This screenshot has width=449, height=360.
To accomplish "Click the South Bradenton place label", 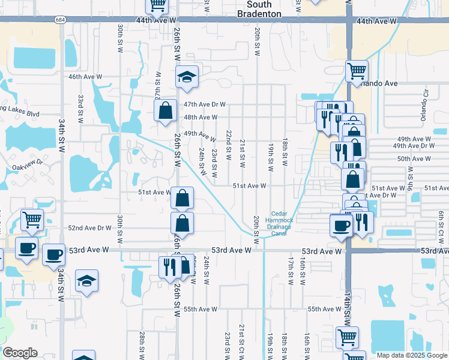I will click(259, 8).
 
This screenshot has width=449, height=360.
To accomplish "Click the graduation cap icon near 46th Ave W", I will click(187, 77).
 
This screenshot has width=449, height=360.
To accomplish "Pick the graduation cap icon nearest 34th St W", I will click(87, 280).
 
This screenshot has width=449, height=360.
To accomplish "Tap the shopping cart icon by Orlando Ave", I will click(357, 71).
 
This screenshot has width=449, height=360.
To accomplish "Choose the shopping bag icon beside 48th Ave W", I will click(165, 110).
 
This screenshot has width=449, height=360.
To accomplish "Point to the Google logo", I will click(19, 353).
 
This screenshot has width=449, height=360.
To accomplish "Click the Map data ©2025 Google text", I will click(411, 355).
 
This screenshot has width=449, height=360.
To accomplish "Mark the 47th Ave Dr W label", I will click(188, 104).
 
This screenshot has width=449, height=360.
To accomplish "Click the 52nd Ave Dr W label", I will click(89, 228).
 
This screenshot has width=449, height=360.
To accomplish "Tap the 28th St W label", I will click(142, 344).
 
